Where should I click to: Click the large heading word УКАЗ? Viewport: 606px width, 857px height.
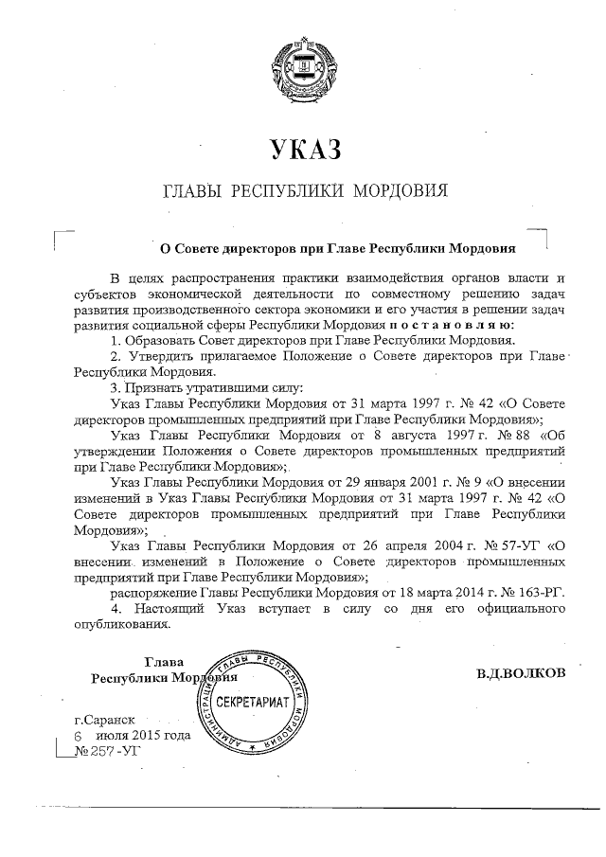(303, 149)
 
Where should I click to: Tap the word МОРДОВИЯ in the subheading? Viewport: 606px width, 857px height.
(399, 192)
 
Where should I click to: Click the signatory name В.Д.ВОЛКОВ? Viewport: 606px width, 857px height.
(521, 672)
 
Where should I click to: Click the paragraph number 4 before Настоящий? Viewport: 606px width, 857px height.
(115, 608)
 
